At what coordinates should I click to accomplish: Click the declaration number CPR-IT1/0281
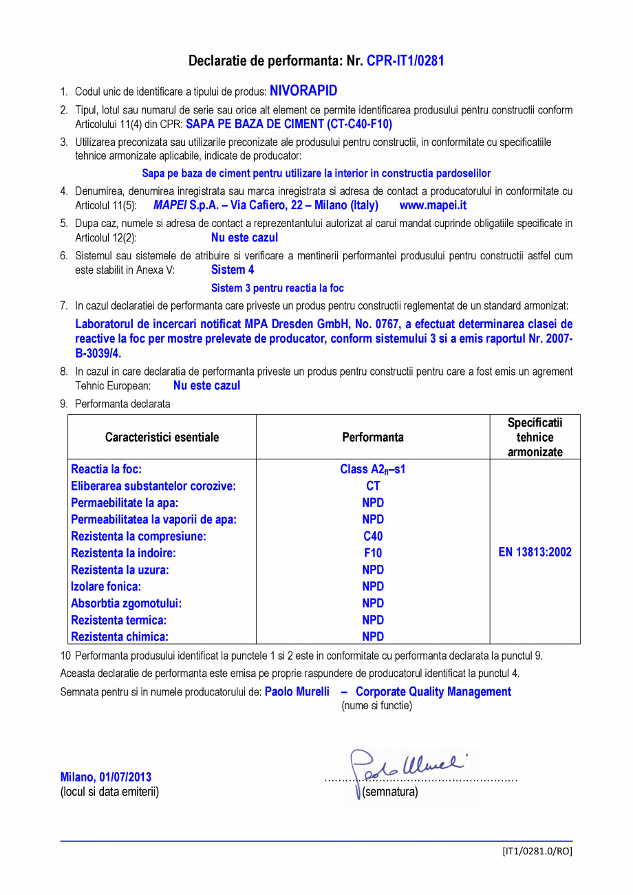(x=405, y=61)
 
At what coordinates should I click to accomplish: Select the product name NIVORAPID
(x=303, y=91)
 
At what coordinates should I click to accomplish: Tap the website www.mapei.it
(x=433, y=205)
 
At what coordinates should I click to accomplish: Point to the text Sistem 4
(x=233, y=270)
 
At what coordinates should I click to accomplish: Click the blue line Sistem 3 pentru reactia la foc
(x=277, y=288)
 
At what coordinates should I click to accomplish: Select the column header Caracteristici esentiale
(x=162, y=437)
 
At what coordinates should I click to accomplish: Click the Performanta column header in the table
(x=372, y=437)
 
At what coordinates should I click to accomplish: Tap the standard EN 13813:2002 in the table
(x=535, y=552)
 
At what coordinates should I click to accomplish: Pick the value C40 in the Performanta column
(x=373, y=536)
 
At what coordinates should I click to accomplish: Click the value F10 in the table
(x=373, y=553)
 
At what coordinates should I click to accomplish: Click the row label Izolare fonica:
(x=106, y=586)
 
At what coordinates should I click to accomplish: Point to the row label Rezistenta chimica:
(x=120, y=637)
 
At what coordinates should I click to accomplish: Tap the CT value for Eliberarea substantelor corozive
(x=373, y=486)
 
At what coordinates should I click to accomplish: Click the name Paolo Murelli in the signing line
(x=297, y=691)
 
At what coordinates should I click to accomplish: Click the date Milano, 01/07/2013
(x=106, y=777)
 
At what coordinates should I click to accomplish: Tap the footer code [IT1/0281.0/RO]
(x=537, y=851)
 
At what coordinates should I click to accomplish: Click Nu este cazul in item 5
(x=244, y=237)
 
